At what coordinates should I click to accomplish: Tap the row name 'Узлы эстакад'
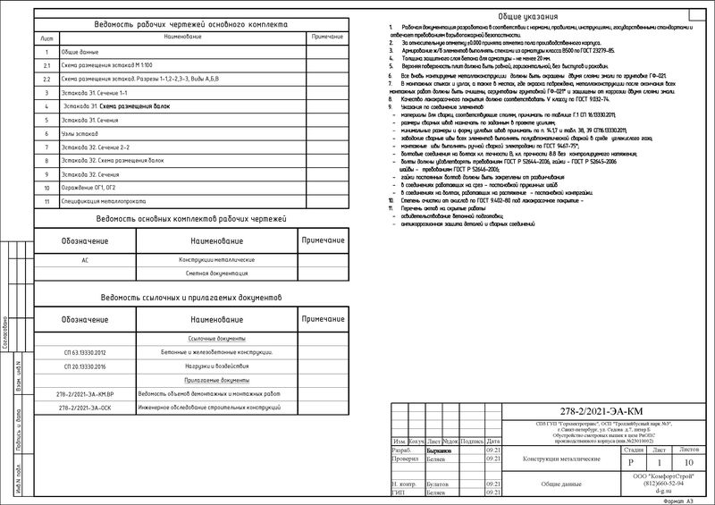(x=80, y=133)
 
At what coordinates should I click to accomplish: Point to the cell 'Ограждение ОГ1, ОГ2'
(x=97, y=189)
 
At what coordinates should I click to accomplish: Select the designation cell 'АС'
(x=84, y=258)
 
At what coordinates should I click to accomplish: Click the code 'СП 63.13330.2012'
(x=84, y=352)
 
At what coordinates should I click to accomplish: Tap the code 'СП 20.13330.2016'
(x=84, y=366)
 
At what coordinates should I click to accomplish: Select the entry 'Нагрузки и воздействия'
(x=210, y=366)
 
